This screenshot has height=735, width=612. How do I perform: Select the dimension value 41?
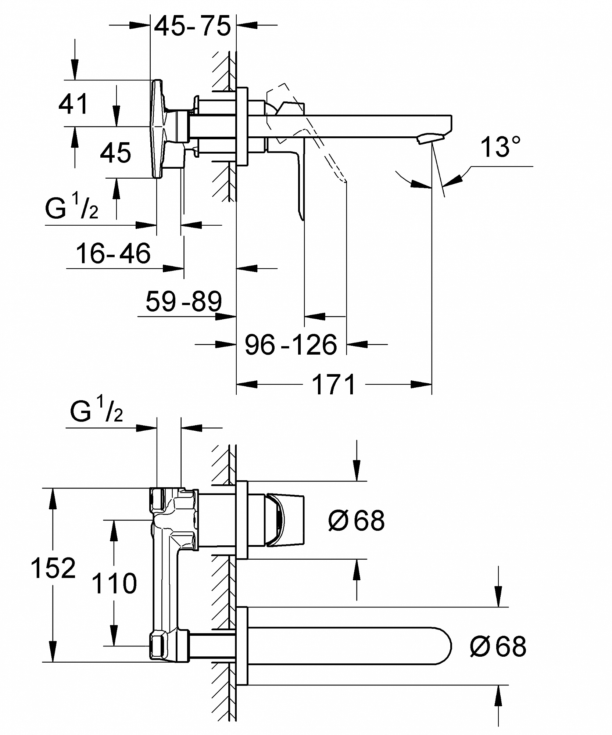click(x=74, y=104)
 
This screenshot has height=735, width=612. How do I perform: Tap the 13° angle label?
click(x=501, y=147)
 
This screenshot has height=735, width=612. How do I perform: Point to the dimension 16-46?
click(x=113, y=253)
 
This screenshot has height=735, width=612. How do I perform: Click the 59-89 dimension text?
click(x=184, y=301)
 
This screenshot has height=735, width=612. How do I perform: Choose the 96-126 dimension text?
click(x=291, y=345)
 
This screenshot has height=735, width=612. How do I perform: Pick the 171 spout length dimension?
click(x=334, y=384)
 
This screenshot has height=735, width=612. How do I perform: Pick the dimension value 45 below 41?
click(x=115, y=153)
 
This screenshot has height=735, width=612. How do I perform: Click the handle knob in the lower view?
click(x=285, y=520)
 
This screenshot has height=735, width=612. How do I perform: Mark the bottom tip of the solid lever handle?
click(x=302, y=219)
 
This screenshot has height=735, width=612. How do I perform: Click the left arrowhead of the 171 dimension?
click(x=246, y=384)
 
